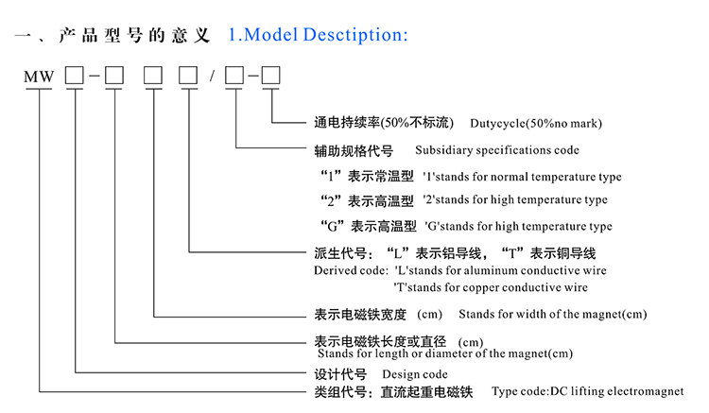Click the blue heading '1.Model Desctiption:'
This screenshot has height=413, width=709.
click(318, 36)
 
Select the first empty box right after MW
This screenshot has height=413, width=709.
click(75, 74)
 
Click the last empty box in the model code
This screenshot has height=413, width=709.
click(271, 74)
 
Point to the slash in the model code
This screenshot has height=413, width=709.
click(215, 75)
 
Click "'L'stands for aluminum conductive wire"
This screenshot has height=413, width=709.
click(500, 270)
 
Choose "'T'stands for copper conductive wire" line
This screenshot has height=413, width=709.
click(490, 286)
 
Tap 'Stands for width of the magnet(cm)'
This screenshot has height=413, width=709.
click(552, 314)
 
